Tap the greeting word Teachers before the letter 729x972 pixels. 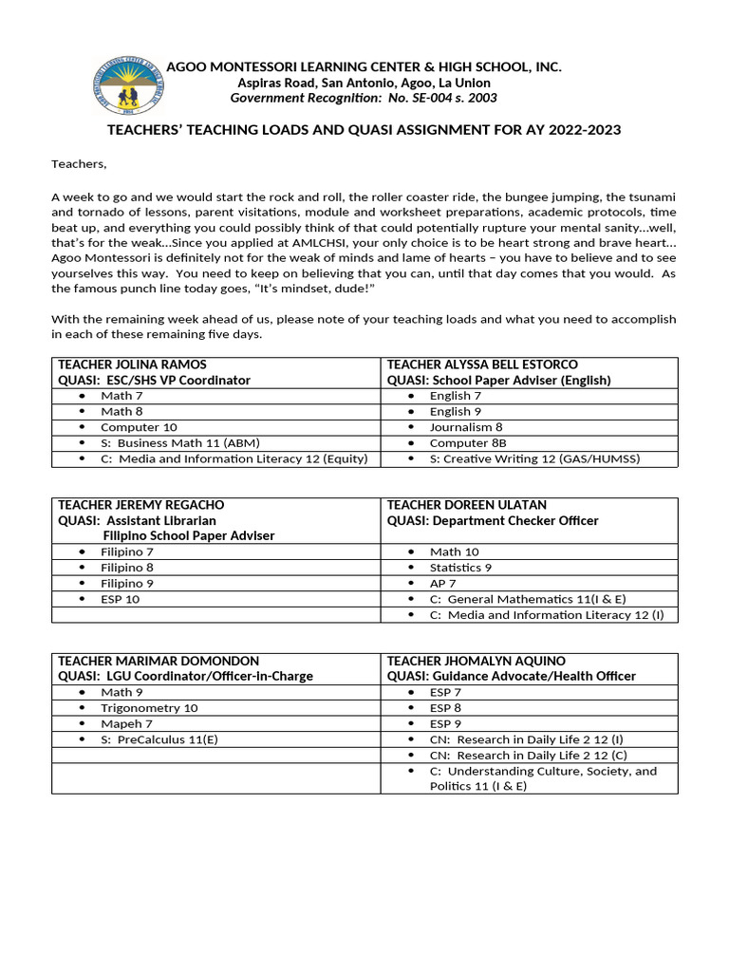pyautogui.click(x=79, y=164)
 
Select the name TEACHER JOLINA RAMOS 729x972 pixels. pyautogui.click(x=132, y=364)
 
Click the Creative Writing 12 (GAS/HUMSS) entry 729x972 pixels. pyautogui.click(x=534, y=458)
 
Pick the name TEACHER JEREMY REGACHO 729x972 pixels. pyautogui.click(x=140, y=505)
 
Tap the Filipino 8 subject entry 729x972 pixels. pyautogui.click(x=127, y=568)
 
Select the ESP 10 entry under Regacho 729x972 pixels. pyautogui.click(x=120, y=599)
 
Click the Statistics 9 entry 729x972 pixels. pyautogui.click(x=460, y=568)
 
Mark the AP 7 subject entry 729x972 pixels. pyautogui.click(x=443, y=583)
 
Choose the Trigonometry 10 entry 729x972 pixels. pyautogui.click(x=149, y=708)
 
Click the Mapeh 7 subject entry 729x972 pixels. pyautogui.click(x=126, y=723)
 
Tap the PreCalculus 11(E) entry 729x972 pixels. pyautogui.click(x=159, y=739)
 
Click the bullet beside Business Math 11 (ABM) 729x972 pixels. pyautogui.click(x=83, y=443)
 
